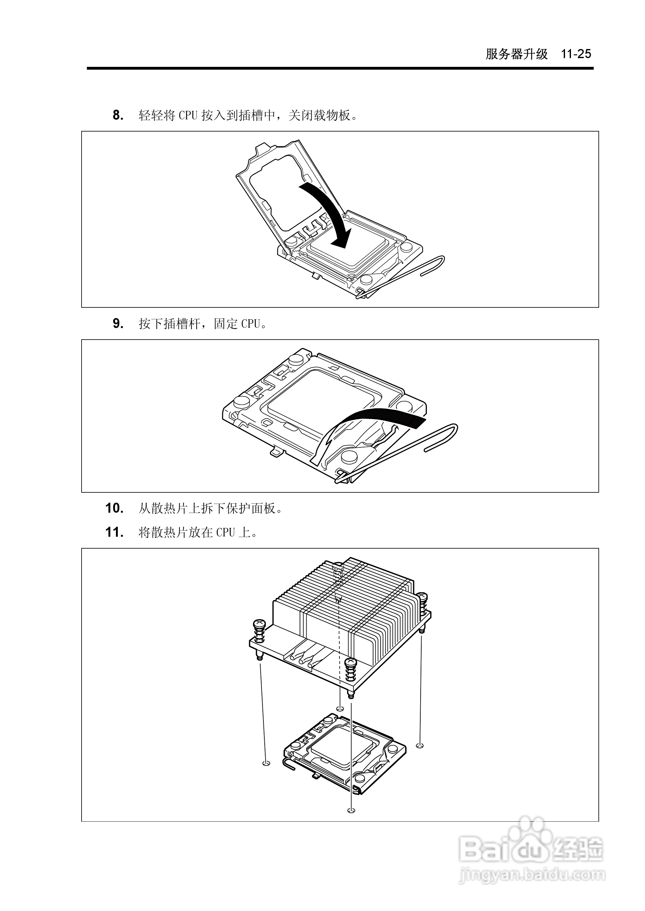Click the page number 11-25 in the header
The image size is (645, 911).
pyautogui.click(x=576, y=54)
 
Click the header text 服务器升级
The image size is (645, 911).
pyautogui.click(x=516, y=54)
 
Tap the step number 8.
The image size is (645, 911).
pyautogui.click(x=118, y=116)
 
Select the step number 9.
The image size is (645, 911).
pyautogui.click(x=118, y=324)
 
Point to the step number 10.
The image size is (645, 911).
pyautogui.click(x=114, y=508)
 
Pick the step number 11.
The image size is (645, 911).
pyautogui.click(x=114, y=532)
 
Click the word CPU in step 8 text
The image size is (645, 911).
pyautogui.click(x=188, y=116)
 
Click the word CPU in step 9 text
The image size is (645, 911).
pyautogui.click(x=251, y=324)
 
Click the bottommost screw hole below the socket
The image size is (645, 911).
pyautogui.click(x=350, y=810)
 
